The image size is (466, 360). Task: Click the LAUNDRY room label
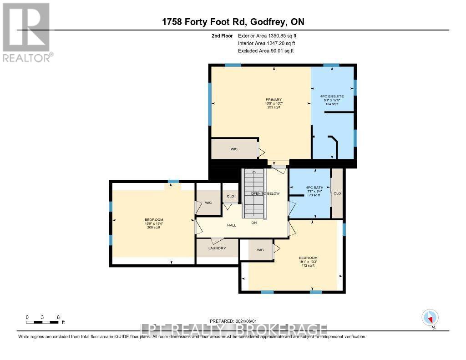coord(217,248)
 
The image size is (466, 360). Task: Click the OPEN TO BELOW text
coord(265,193)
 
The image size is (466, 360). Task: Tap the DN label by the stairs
coord(254,223)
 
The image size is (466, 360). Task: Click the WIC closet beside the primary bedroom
coord(234,149)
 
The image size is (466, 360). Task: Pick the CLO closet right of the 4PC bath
coord(337,193)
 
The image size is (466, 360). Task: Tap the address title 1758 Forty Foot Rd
coord(233,22)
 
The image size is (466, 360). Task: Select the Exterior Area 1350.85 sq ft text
coord(268,35)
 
